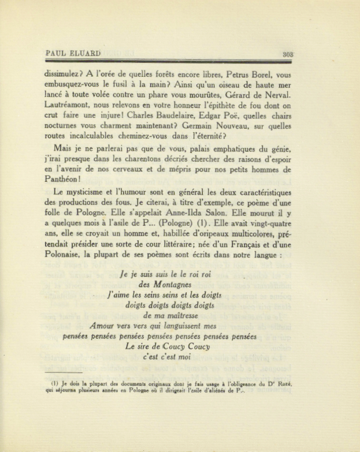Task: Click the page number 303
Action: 288,54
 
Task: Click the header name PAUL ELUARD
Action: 72,53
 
